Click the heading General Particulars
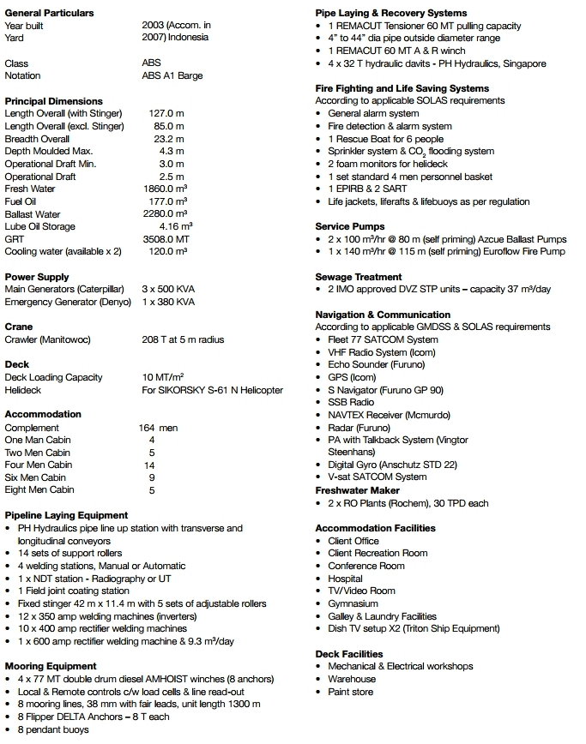(50, 13)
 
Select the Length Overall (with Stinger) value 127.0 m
(166, 114)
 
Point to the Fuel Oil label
(21, 201)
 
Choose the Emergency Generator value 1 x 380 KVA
(168, 302)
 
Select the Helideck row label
(23, 390)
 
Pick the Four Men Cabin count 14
(149, 465)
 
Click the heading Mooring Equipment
(51, 666)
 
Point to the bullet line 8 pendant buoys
(53, 729)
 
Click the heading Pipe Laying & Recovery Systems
(391, 13)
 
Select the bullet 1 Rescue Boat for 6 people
(385, 139)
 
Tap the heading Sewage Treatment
(359, 277)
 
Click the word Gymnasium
(353, 603)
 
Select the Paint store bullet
(351, 692)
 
